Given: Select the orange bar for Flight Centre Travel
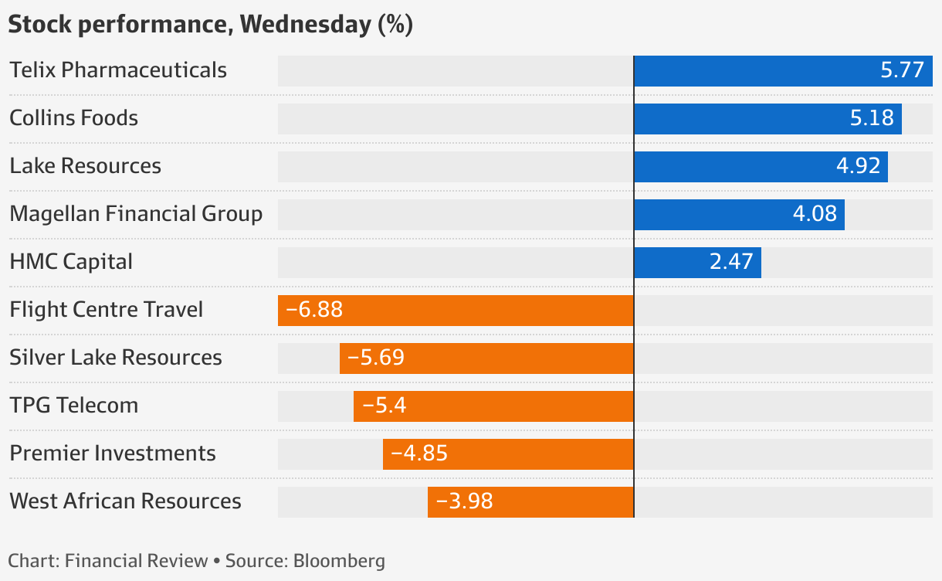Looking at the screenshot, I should [x=456, y=311].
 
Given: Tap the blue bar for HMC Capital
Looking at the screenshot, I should [x=697, y=263].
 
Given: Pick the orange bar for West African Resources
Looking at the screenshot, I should [x=530, y=502].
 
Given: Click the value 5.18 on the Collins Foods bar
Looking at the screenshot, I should [x=872, y=118].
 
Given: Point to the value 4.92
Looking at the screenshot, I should [x=858, y=166].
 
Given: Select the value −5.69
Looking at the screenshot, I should [x=376, y=358].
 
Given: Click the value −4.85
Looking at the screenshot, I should [x=419, y=454].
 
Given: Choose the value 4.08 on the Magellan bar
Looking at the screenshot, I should [x=815, y=214].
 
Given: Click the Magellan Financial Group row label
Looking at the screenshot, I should [x=136, y=214].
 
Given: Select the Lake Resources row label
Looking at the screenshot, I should [x=85, y=166].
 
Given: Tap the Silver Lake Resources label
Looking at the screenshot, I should [x=116, y=358].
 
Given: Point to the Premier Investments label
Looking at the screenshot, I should [x=113, y=454].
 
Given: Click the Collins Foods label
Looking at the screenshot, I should [x=74, y=118].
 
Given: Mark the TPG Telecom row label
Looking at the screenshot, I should [x=74, y=406].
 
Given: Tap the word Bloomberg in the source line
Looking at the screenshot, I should [x=339, y=561].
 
